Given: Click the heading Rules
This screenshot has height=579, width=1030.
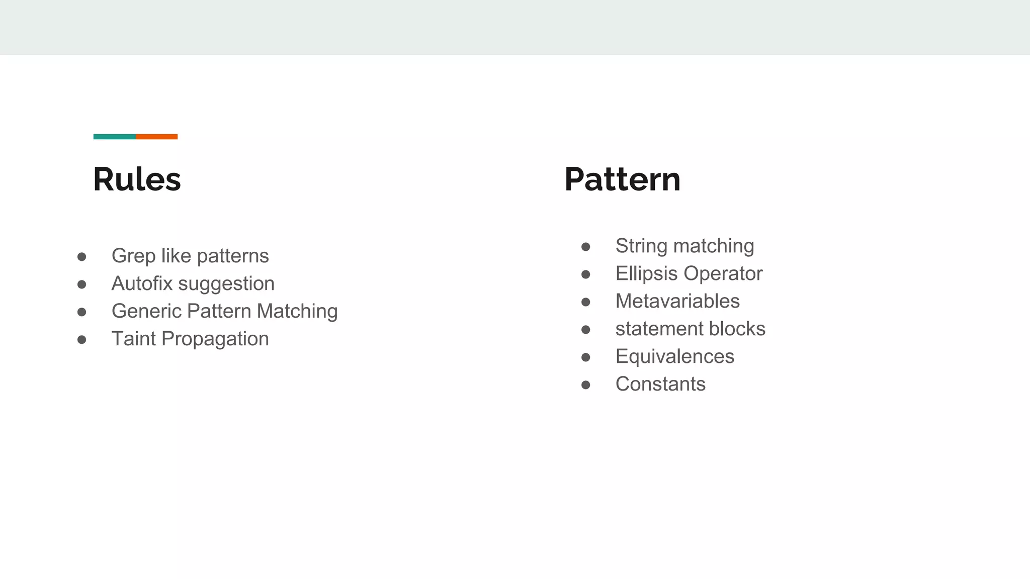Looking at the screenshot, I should pos(137,179).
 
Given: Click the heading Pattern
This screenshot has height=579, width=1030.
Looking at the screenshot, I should pos(622,179).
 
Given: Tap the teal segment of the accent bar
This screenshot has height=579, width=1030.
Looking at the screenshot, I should pos(115,137).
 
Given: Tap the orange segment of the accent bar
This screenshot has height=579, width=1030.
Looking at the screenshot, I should pos(156,137).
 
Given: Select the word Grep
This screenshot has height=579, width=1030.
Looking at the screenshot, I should pos(133,256).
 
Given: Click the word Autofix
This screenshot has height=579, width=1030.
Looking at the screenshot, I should pos(142,283).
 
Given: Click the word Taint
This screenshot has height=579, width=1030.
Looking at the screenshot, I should pos(133,339).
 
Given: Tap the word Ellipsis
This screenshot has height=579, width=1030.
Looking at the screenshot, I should pos(646,274).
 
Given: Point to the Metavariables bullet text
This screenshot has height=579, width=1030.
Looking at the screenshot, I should pos(677,301).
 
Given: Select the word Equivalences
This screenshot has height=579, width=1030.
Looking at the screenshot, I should pos(675,357).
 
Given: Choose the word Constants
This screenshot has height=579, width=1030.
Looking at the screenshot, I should pos(660,384).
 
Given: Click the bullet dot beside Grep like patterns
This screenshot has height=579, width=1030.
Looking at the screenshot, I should pos(82,257).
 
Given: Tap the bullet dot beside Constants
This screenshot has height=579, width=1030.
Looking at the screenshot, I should pos(585,385).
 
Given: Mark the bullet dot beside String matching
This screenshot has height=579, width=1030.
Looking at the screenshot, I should pos(585,247).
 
